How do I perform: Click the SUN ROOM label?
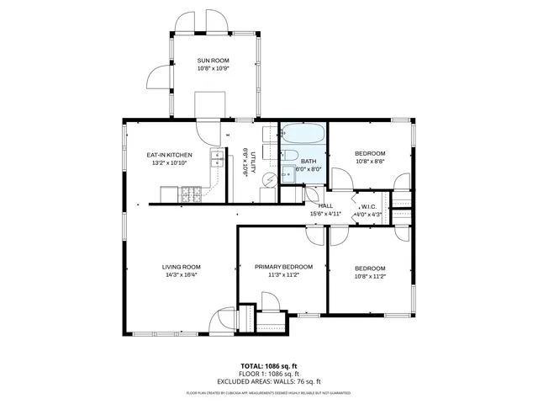213,61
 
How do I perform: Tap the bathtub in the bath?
302,133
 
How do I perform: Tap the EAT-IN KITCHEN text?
170,155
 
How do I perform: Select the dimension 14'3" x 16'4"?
182,275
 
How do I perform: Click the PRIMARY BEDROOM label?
284,267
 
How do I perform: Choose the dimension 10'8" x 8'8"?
370,162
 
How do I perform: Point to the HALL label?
326,206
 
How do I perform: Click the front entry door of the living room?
224,320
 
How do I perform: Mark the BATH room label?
309,161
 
